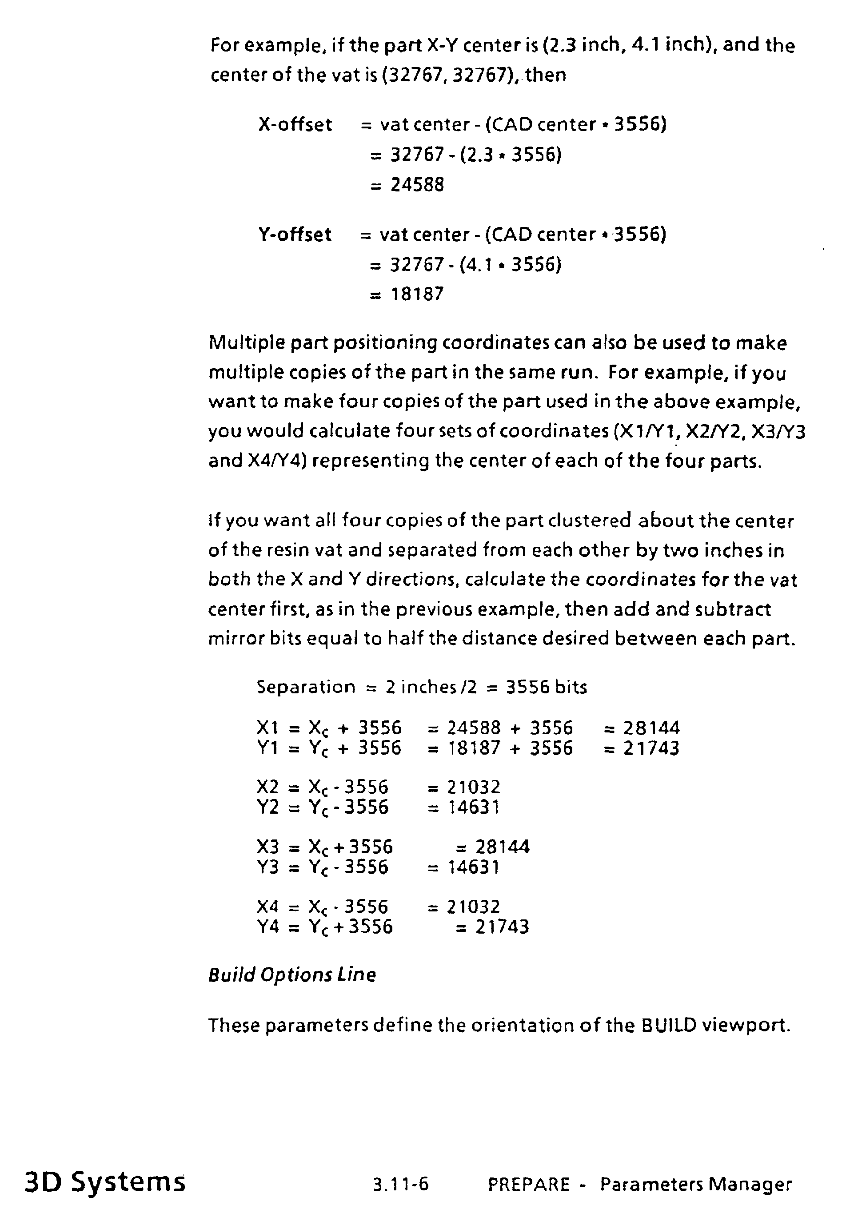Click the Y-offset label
coord(295,234)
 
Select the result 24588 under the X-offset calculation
coord(417,185)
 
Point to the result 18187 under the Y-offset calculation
coord(417,294)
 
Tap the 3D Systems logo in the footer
coord(105,1182)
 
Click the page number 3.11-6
coord(401,1184)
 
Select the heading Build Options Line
coord(292,975)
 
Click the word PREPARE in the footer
coord(528,1184)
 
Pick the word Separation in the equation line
coord(306,687)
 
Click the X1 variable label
coord(267,728)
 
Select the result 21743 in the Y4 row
coord(503,927)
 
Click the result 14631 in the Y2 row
coord(473,807)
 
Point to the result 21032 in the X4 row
coord(473,907)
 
